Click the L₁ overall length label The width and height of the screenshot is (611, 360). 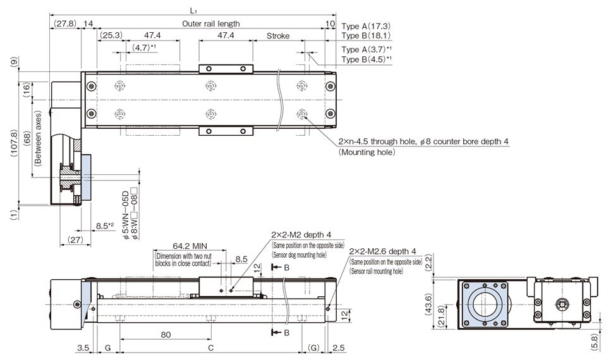coord(192,11)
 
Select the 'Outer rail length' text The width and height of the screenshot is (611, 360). coord(211,23)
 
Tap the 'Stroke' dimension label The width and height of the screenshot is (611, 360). coord(278,36)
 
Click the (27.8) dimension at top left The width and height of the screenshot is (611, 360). coord(64,23)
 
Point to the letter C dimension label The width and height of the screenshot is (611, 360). coord(210,347)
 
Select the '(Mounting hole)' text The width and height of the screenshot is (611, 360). coord(366,152)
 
